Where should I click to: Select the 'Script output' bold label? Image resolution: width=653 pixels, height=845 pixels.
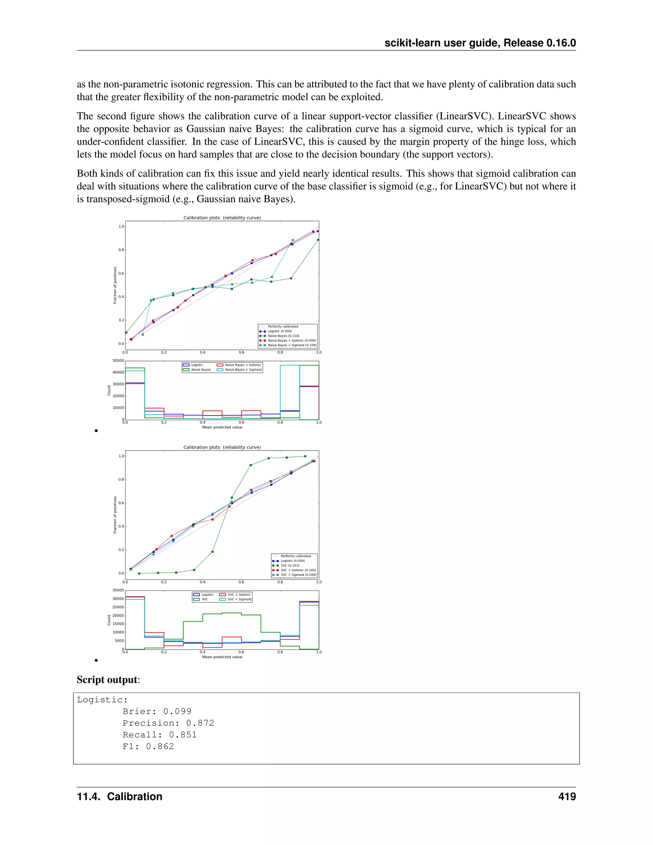point(107,680)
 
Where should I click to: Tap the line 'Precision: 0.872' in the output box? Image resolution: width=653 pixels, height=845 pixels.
point(168,723)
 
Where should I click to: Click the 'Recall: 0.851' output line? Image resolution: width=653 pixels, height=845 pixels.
point(159,734)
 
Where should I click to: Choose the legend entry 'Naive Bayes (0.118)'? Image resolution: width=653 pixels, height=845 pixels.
point(283,336)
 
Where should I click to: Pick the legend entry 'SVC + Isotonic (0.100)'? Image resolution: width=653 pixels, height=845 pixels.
point(298,570)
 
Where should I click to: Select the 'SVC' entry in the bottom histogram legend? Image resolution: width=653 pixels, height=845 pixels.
point(205,599)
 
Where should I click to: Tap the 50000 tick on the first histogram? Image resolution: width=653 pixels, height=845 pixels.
point(118,361)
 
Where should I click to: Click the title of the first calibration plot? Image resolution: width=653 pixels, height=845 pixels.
point(222,218)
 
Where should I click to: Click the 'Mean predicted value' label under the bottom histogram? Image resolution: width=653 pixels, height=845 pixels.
point(222,657)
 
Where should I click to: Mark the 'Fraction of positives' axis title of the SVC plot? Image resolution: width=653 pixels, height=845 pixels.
point(115,515)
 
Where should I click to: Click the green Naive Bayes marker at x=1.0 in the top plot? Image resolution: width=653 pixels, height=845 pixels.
point(318,240)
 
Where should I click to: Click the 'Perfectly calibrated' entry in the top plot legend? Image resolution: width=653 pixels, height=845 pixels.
point(283,327)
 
